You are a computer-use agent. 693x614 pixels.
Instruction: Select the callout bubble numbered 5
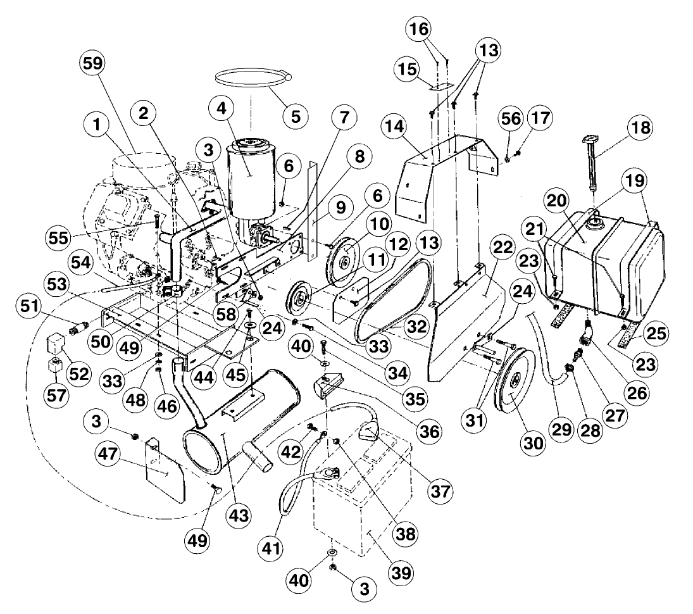coord(295,116)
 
